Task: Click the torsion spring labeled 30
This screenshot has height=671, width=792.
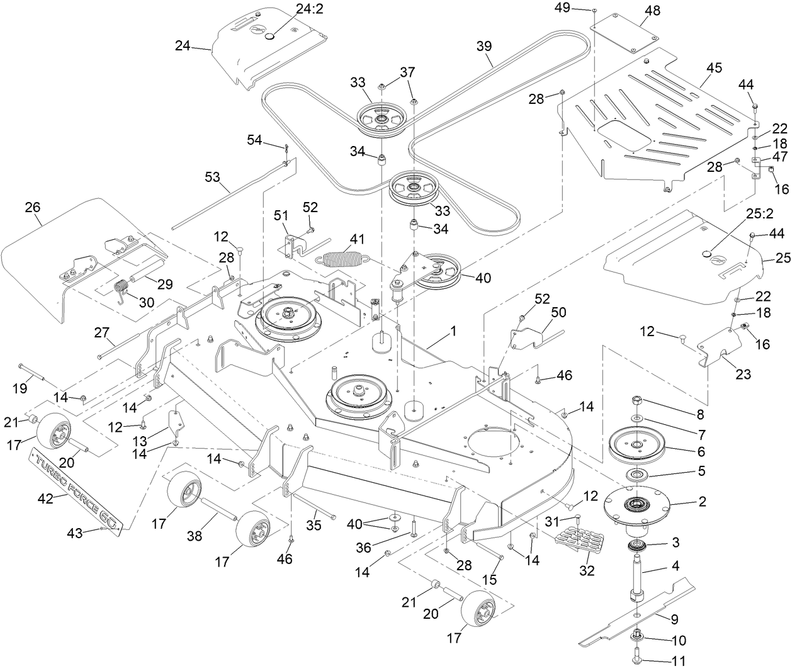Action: [123, 291]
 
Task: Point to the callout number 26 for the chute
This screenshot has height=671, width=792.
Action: [31, 206]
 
